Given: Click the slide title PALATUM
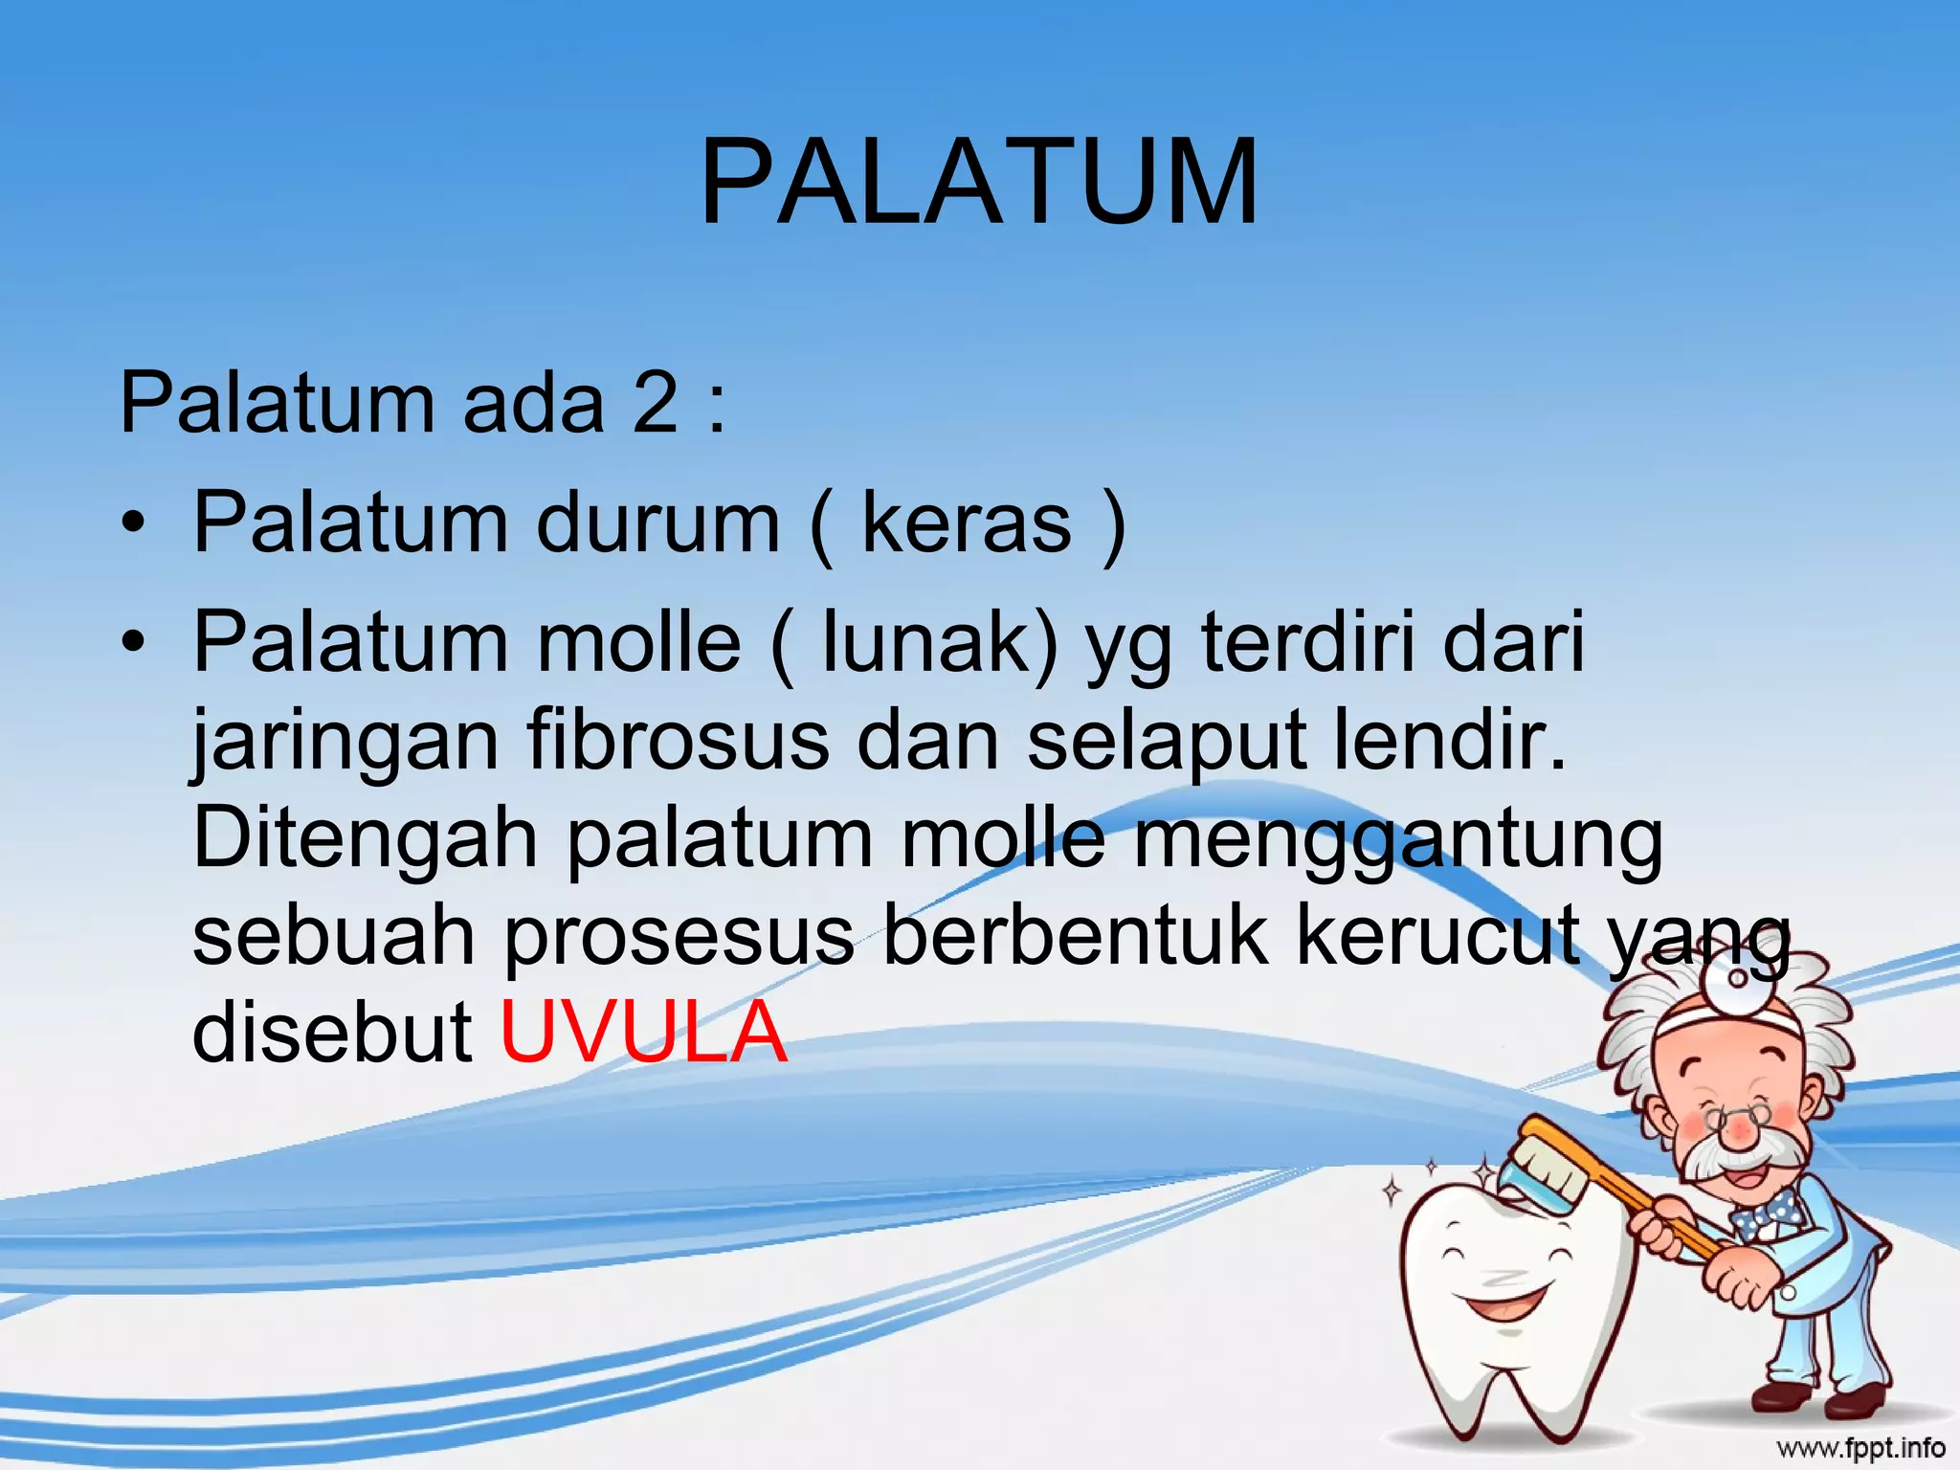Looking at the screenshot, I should (979, 182).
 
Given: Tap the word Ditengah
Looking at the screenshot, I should (365, 840).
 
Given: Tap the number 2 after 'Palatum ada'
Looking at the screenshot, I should (655, 404).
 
